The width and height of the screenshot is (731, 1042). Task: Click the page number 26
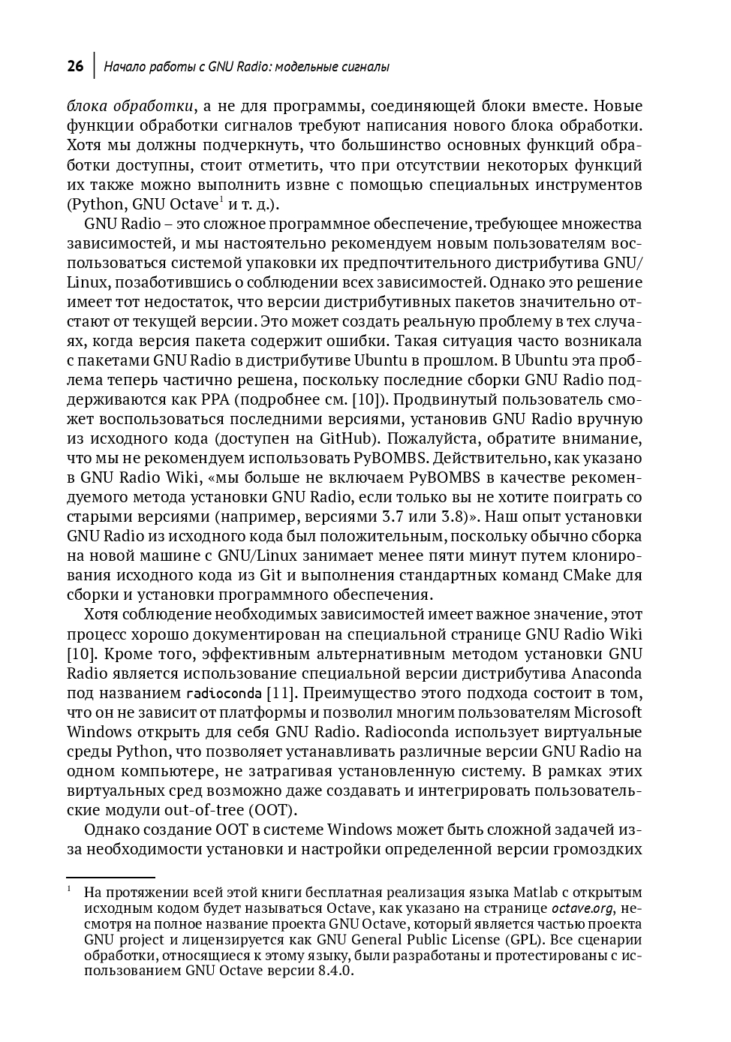click(75, 67)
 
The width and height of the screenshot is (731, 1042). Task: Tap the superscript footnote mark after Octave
click(221, 199)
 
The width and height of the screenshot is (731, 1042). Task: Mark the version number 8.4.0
click(332, 970)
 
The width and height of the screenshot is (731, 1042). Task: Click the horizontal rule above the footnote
click(110, 877)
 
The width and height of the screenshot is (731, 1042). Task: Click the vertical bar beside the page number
click(94, 65)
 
